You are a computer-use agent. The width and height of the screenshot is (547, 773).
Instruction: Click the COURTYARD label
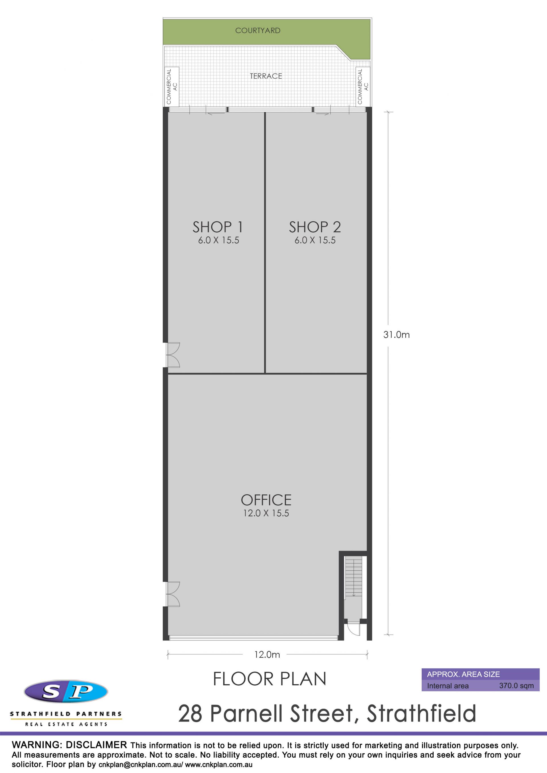[x=258, y=31]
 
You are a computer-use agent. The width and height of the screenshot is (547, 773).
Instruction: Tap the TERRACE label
[x=266, y=76]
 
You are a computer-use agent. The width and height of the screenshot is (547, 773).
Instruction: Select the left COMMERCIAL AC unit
[x=172, y=86]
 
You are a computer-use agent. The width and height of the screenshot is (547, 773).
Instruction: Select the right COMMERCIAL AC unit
[x=363, y=86]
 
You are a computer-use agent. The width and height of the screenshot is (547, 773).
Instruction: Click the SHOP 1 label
[x=218, y=227]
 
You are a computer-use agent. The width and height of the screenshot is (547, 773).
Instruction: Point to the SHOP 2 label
[x=315, y=227]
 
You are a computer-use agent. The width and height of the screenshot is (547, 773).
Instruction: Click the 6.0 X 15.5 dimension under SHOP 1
[x=219, y=240]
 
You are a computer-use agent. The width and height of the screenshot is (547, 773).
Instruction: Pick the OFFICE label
[x=266, y=500]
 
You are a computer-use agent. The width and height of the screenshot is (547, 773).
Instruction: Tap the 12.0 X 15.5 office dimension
[x=266, y=513]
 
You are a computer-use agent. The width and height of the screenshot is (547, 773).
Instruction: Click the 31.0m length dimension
[x=396, y=335]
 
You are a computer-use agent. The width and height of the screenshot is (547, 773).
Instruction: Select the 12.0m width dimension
[x=267, y=655]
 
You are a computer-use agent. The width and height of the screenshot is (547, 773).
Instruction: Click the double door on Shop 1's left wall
[x=173, y=355]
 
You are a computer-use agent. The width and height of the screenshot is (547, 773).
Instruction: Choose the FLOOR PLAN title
[x=270, y=679]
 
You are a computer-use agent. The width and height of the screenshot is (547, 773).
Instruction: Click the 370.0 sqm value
[x=516, y=686]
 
